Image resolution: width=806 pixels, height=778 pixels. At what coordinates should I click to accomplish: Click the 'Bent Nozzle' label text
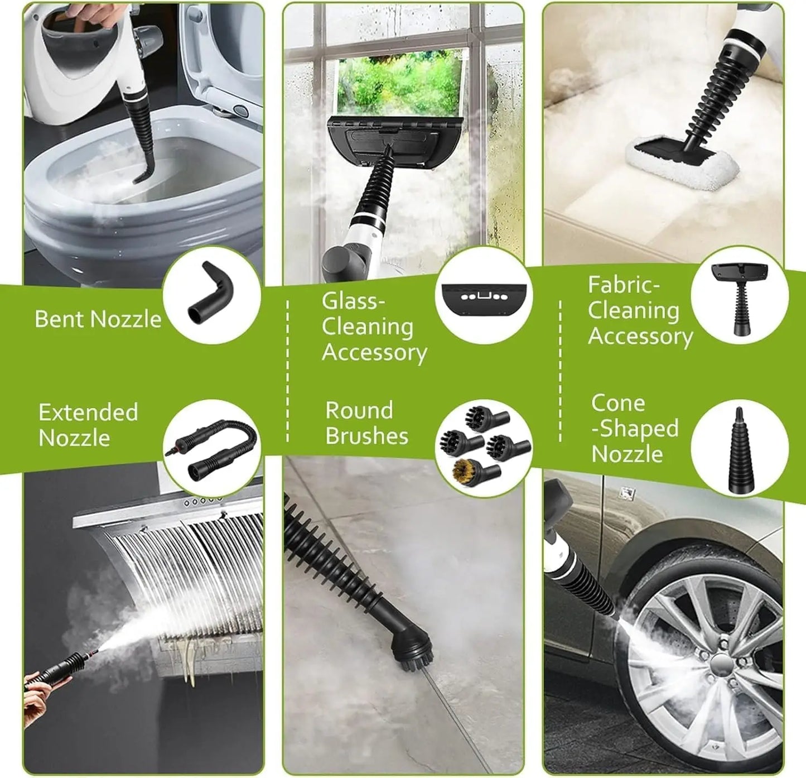[x=98, y=319]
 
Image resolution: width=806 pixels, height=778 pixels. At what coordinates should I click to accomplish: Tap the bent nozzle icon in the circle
[x=211, y=294]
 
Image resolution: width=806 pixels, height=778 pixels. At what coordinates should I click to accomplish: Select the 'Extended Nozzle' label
[x=88, y=425]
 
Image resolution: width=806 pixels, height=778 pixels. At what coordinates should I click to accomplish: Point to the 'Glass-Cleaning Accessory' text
[x=374, y=327]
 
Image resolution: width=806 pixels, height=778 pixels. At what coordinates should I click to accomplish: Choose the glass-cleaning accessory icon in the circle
[x=483, y=295]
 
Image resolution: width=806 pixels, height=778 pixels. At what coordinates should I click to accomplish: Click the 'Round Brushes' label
[x=366, y=423]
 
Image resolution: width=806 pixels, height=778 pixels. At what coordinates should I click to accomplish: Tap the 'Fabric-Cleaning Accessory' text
[x=639, y=310]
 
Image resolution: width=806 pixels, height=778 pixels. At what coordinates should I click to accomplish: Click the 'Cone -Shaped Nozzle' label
[x=634, y=428]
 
